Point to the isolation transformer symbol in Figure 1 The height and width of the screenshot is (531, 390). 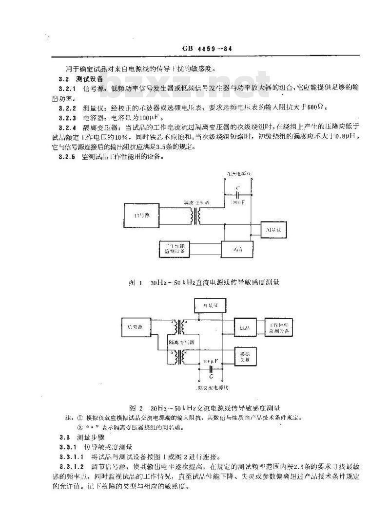coord(197,217)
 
